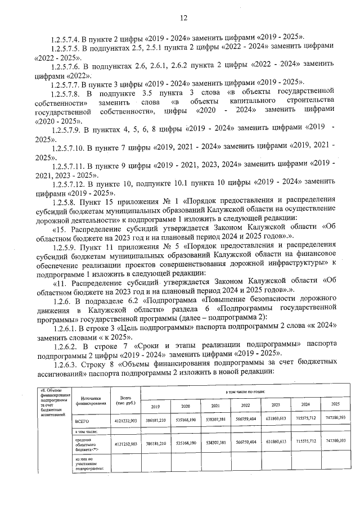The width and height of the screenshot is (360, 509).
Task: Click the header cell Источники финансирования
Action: (x=88, y=400)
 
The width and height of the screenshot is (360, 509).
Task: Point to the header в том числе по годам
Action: (x=245, y=391)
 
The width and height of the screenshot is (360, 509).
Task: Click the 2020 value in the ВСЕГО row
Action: (x=184, y=420)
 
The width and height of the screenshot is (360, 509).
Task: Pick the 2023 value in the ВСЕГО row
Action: (x=276, y=420)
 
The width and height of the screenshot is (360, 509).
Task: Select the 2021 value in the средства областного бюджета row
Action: (x=214, y=443)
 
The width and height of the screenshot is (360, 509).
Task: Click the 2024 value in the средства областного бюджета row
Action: (x=305, y=443)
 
